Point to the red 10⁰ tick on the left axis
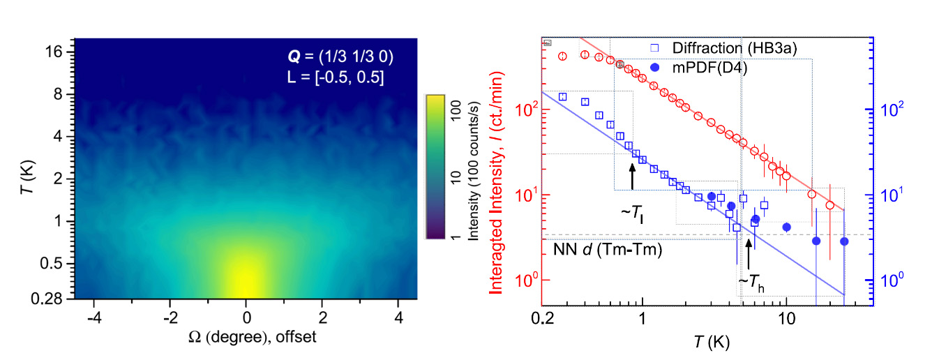click(525, 280)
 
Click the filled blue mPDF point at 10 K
click(786, 227)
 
